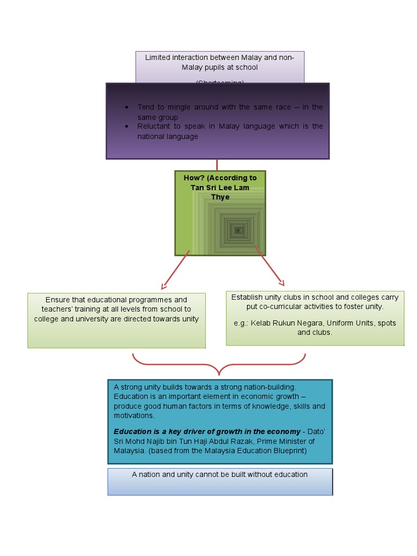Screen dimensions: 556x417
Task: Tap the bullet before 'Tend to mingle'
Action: tap(126, 108)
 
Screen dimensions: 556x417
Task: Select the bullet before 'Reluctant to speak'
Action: tap(126, 127)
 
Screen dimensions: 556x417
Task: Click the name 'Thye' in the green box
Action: tap(220, 197)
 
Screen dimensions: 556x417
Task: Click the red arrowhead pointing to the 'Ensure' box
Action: tap(163, 286)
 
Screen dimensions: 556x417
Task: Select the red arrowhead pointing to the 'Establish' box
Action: tap(281, 282)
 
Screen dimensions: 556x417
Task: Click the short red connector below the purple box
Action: tap(217, 165)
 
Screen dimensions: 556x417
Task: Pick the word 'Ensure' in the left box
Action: tap(58, 300)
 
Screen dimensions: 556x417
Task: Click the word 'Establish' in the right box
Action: tap(247, 297)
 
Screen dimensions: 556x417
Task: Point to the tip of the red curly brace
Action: tap(219, 373)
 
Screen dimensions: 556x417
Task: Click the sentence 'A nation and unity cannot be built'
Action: tap(219, 475)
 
